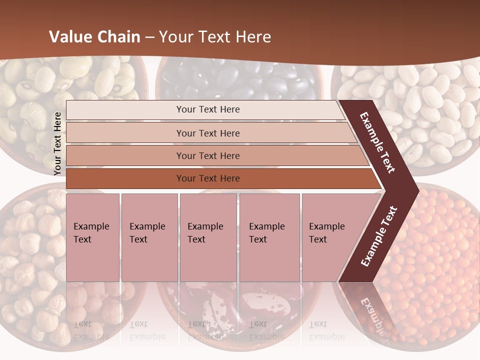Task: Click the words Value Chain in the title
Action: pyautogui.click(x=94, y=37)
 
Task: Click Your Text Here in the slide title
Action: pyautogui.click(x=215, y=37)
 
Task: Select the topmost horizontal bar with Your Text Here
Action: pyautogui.click(x=208, y=109)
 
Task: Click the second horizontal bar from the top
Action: pyautogui.click(x=208, y=133)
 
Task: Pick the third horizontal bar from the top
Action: pyautogui.click(x=208, y=155)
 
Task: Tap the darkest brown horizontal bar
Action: pyautogui.click(x=208, y=178)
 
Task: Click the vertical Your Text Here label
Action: pyautogui.click(x=57, y=143)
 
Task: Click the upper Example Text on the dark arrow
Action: pyautogui.click(x=377, y=142)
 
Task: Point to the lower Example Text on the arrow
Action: pyautogui.click(x=379, y=236)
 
